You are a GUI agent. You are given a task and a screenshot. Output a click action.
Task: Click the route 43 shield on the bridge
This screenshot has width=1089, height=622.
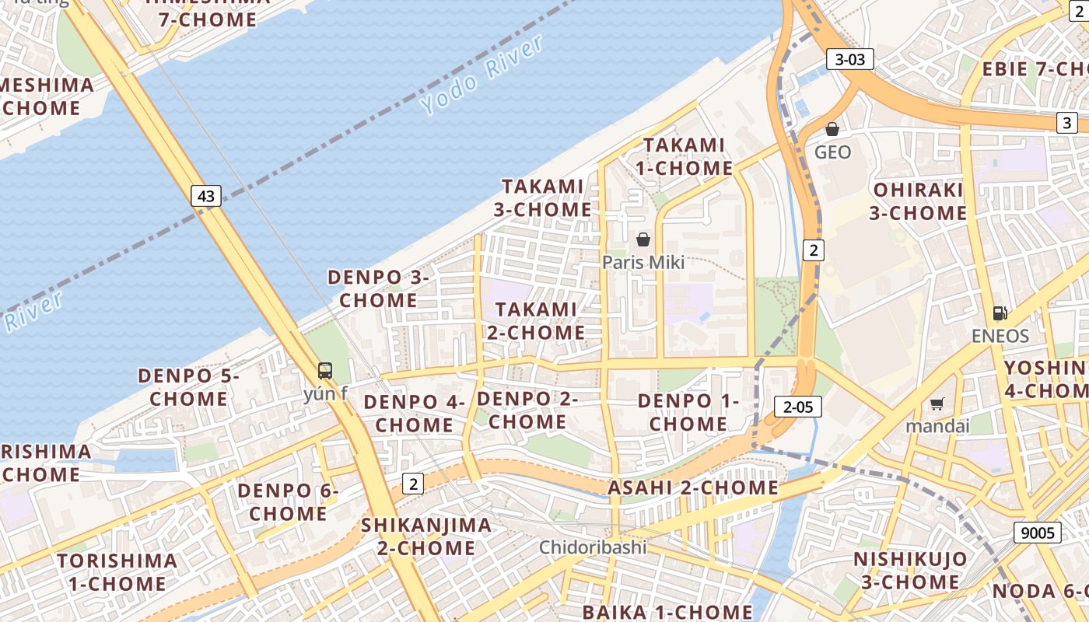[x=206, y=196]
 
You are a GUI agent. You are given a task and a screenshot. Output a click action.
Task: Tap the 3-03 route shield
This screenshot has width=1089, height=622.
[x=849, y=59]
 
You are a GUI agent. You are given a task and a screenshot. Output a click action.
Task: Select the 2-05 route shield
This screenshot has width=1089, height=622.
[x=798, y=406]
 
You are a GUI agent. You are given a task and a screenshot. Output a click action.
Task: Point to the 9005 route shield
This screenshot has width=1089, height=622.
[x=1038, y=533]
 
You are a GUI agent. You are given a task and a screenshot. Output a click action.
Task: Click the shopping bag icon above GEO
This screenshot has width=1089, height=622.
[x=832, y=129]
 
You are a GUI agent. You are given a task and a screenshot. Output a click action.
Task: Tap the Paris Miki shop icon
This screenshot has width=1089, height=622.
[x=643, y=239]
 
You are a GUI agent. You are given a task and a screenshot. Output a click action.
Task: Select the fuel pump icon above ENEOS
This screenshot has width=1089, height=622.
[x=1000, y=313]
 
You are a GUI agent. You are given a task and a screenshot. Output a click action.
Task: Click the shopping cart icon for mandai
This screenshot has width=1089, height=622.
[x=937, y=404]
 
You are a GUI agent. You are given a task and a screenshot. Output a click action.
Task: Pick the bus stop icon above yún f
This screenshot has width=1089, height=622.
[x=325, y=371]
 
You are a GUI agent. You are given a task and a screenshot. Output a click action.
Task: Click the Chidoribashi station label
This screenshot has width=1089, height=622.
[x=594, y=547]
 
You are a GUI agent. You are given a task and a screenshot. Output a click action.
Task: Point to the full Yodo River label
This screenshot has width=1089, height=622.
[x=483, y=75]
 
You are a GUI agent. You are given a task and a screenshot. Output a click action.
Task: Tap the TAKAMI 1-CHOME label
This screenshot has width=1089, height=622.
[x=685, y=156]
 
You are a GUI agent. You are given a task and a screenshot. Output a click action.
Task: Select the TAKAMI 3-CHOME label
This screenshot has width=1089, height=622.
[x=542, y=197]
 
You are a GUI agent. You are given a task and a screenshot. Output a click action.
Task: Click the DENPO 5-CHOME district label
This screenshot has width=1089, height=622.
[x=189, y=387]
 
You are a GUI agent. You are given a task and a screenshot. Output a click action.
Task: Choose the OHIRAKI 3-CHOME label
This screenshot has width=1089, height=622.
[x=918, y=201]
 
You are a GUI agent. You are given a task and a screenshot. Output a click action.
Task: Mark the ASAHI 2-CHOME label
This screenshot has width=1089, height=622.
[x=692, y=488]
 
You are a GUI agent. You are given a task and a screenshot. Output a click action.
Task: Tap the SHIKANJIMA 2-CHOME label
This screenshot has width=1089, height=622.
[x=426, y=536]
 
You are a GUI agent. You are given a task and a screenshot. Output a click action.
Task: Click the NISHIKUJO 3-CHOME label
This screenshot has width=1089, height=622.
[x=910, y=570]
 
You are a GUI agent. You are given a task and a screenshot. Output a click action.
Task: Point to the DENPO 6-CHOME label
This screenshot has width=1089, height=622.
[x=288, y=502]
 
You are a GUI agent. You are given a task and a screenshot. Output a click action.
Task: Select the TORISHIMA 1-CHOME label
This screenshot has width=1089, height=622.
[x=117, y=572]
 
